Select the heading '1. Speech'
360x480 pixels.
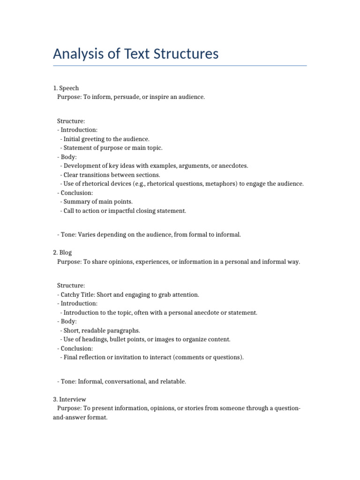coord(66,88)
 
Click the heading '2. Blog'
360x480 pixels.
coord(62,253)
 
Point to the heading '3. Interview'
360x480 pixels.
coord(69,399)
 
